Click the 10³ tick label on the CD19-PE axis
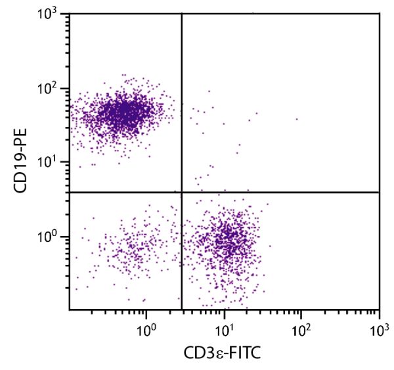53,14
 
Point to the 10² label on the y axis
53,88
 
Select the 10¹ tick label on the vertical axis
53,162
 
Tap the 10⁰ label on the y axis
53,236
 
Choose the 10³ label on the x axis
378,327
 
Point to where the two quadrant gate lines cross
181,192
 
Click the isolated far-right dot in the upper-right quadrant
297,119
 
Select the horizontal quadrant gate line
295,192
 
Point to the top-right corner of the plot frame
380,14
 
